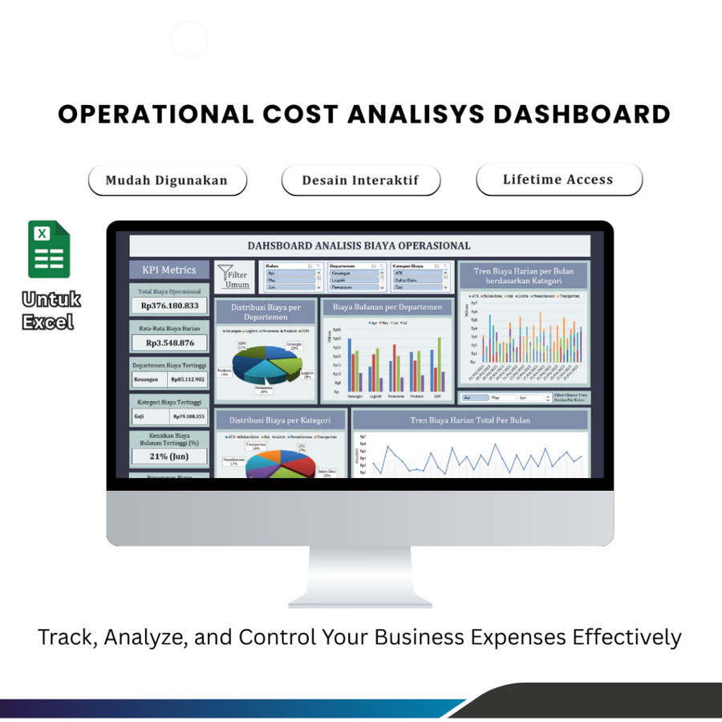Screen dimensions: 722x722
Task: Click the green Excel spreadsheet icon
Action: [x=50, y=249]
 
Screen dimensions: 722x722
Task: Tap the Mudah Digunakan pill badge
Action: [x=167, y=180]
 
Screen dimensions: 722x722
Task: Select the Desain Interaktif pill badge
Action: [x=360, y=180]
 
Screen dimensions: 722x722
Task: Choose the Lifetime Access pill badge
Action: [x=558, y=180]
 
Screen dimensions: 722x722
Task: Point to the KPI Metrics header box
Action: [x=169, y=270]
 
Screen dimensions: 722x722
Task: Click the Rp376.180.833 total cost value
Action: [x=169, y=306]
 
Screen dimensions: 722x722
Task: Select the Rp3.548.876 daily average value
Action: [x=169, y=343]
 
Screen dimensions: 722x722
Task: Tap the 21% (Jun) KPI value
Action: [x=169, y=456]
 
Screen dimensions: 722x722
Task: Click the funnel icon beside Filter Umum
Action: [x=225, y=274]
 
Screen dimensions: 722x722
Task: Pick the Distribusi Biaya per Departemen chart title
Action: [x=266, y=312]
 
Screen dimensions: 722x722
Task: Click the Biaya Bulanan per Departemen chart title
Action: [x=387, y=307]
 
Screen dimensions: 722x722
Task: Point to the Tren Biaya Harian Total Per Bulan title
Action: [x=470, y=420]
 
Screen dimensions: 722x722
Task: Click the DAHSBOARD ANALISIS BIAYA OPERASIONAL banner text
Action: [x=359, y=245]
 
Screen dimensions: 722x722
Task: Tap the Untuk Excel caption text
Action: [x=51, y=311]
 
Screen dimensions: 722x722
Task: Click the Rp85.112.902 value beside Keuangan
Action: [x=189, y=379]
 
